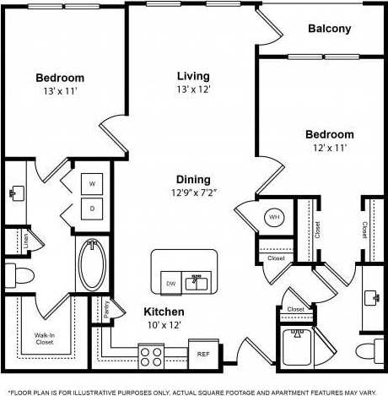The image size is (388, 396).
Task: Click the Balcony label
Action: pyautogui.click(x=329, y=29)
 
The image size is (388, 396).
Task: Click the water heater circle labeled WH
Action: pyautogui.click(x=274, y=217)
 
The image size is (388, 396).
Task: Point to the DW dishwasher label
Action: pyautogui.click(x=171, y=284)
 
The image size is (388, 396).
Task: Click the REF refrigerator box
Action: pyautogui.click(x=203, y=355)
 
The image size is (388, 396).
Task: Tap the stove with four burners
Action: pyautogui.click(x=151, y=355)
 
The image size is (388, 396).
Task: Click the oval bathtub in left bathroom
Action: pyautogui.click(x=92, y=264)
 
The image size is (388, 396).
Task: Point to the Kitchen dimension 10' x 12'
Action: pyautogui.click(x=164, y=325)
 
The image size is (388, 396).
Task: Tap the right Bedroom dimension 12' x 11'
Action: pyautogui.click(x=329, y=148)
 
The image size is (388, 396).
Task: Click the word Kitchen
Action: pyautogui.click(x=164, y=312)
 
